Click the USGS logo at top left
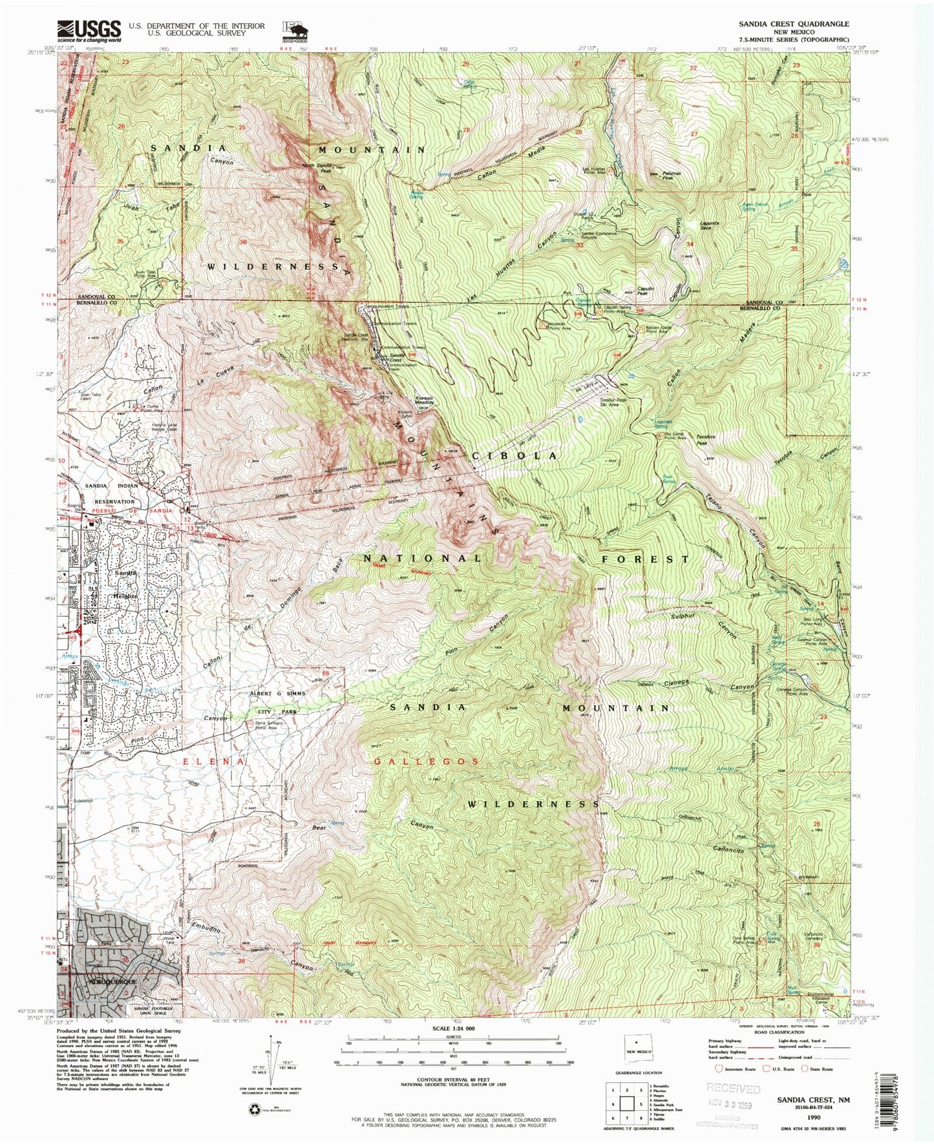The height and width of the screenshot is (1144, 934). click(x=89, y=29)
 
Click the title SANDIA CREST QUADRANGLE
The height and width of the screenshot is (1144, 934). click(x=794, y=23)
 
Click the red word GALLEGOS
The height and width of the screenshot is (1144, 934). click(x=427, y=762)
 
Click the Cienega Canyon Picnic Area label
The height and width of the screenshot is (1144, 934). click(x=794, y=691)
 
